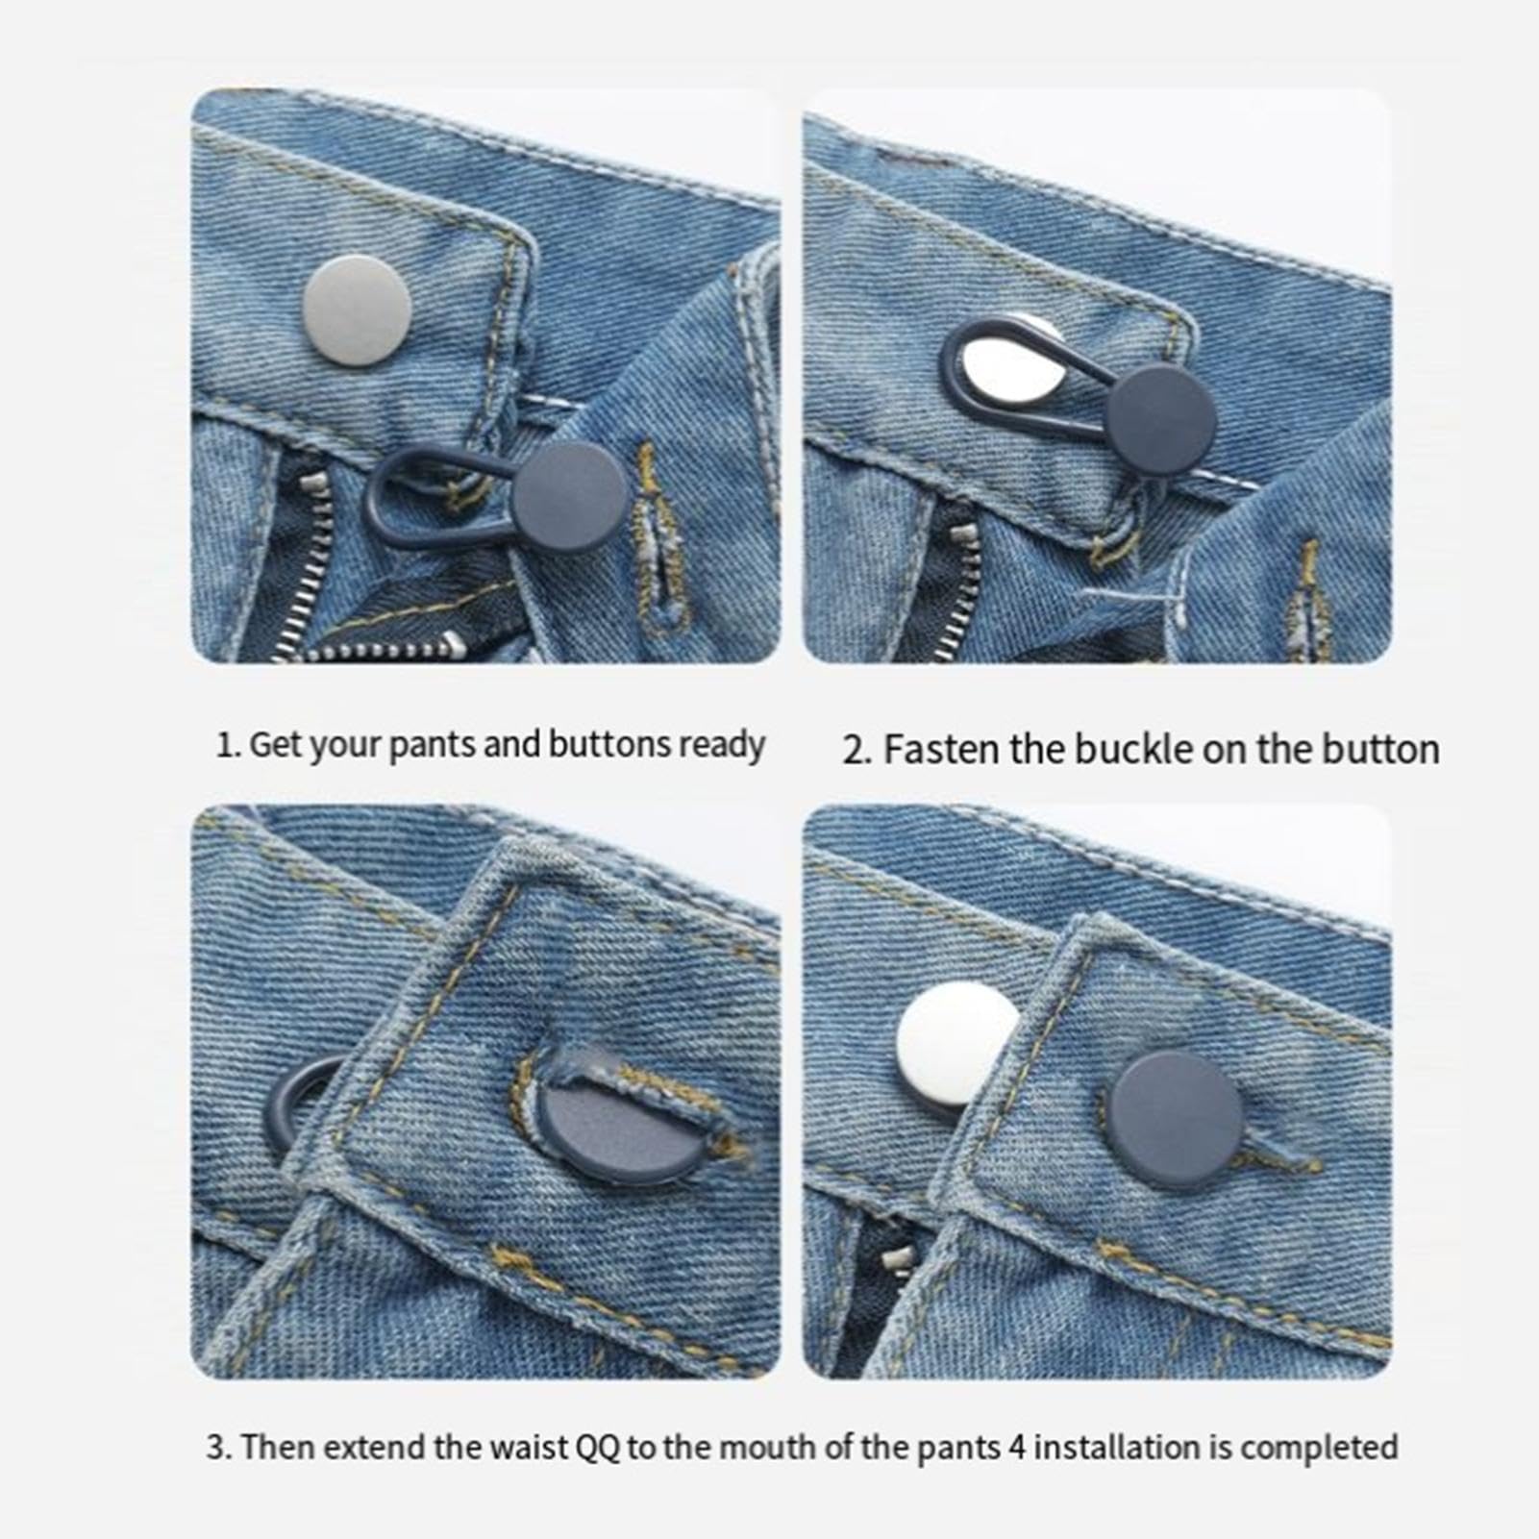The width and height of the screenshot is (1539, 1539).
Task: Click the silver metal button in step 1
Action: [357, 310]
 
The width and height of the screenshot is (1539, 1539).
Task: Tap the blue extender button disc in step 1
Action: [569, 497]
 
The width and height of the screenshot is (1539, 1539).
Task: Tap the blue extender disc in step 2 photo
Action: [1160, 420]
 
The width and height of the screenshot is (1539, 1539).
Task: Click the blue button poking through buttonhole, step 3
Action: [615, 1115]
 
